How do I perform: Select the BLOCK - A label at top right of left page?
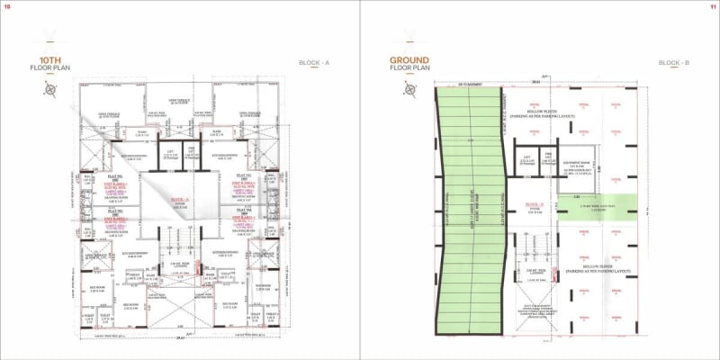(314, 62)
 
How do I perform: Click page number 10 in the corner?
(8, 7)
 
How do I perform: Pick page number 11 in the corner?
(712, 7)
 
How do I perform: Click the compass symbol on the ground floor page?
(410, 89)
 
